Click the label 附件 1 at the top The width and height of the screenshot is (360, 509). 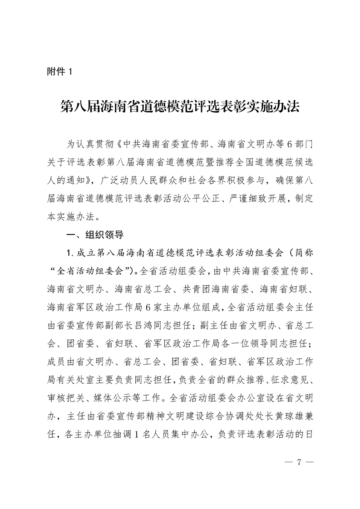click(x=59, y=71)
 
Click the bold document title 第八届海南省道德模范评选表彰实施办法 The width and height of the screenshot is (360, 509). click(x=180, y=108)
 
